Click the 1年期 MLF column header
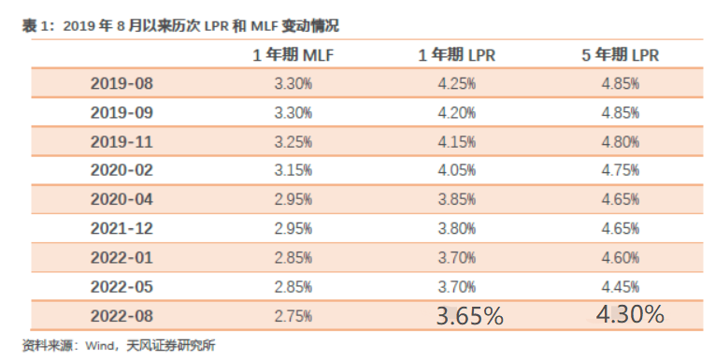(293, 55)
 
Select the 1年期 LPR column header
(457, 55)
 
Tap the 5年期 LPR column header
(621, 55)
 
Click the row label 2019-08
(122, 83)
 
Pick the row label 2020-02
(122, 170)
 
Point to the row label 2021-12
(122, 228)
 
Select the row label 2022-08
(122, 316)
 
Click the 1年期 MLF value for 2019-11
(293, 142)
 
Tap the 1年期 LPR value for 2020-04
(457, 199)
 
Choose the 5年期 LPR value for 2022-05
(621, 286)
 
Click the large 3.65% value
(470, 316)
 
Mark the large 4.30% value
(630, 314)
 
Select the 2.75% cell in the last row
(293, 316)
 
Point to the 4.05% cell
(457, 170)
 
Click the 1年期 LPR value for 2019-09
(457, 113)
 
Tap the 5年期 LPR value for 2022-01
(621, 257)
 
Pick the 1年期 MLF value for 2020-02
(293, 170)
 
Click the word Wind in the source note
(99, 345)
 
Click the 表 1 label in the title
(35, 26)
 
